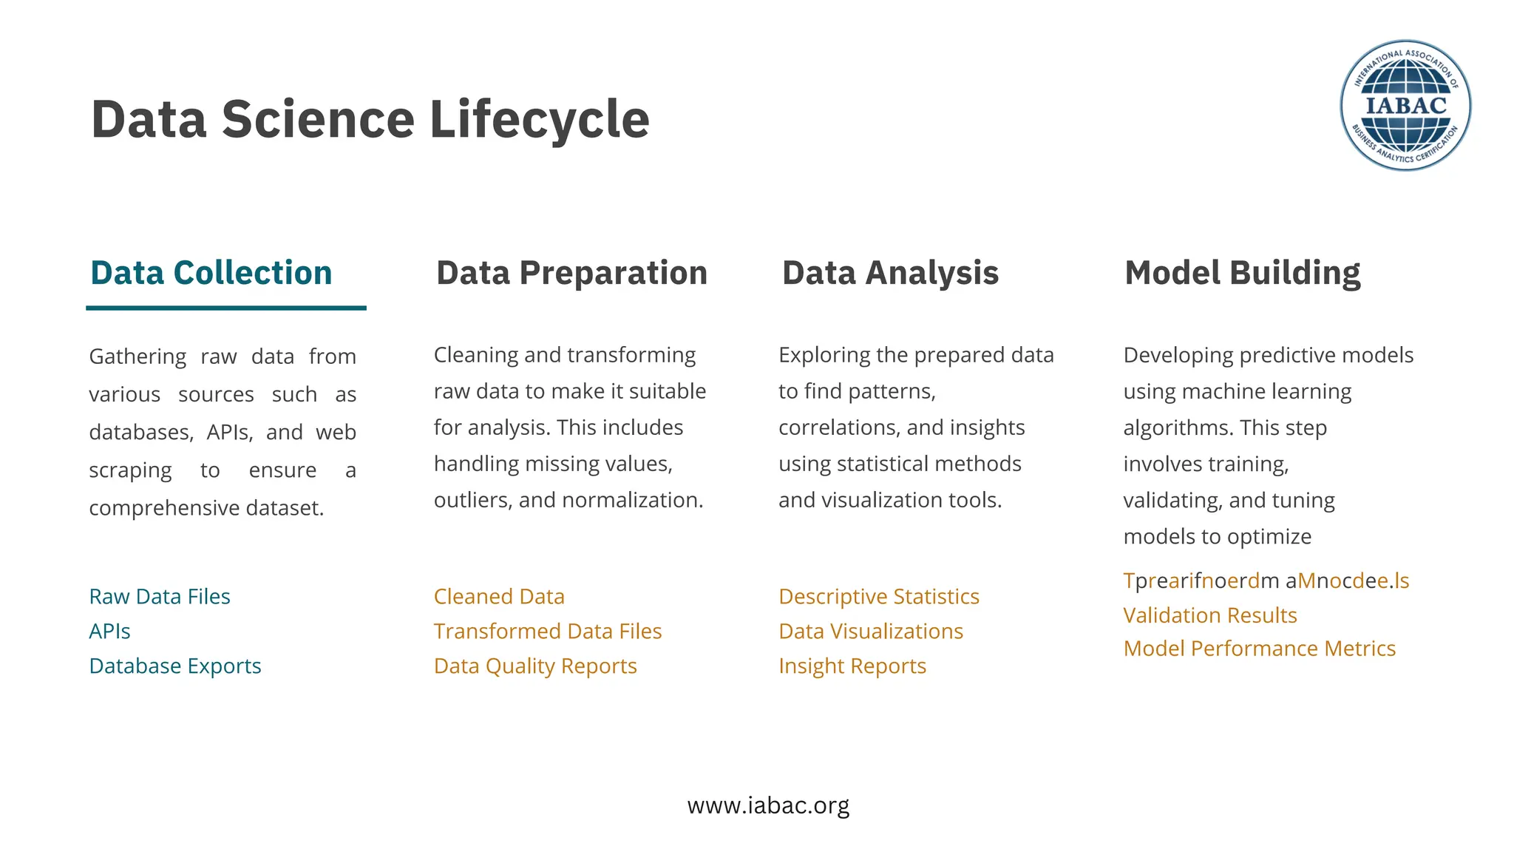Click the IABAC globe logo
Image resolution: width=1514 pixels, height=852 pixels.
click(1405, 105)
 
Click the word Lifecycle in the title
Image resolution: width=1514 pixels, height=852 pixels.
click(539, 120)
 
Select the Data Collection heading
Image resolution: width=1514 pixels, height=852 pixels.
click(211, 273)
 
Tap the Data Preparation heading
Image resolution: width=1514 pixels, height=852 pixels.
click(571, 273)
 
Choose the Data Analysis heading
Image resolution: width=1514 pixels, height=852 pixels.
click(890, 273)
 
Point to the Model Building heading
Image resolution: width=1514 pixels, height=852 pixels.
click(1242, 273)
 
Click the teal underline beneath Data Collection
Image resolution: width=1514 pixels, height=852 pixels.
click(225, 308)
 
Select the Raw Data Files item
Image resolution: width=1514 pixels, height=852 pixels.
click(160, 596)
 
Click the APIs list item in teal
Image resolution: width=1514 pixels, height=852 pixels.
click(109, 631)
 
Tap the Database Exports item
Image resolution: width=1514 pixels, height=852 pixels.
click(175, 666)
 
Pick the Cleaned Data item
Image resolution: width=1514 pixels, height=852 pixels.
click(499, 596)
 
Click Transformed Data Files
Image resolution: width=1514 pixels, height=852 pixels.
click(548, 631)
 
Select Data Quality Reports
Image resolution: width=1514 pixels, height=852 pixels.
click(535, 666)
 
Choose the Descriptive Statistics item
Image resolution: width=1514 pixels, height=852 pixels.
click(879, 596)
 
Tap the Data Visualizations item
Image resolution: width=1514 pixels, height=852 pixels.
click(871, 631)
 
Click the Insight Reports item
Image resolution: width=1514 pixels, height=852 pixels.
click(852, 666)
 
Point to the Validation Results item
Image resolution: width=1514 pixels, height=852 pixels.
click(1210, 615)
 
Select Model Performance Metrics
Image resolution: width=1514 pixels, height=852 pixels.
click(1260, 648)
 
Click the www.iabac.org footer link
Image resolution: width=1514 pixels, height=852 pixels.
click(768, 805)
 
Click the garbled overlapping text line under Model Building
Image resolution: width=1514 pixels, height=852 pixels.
click(1266, 581)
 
